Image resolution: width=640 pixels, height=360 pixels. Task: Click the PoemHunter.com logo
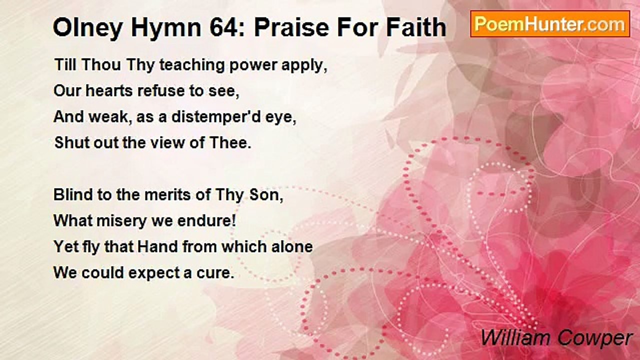coord(550,24)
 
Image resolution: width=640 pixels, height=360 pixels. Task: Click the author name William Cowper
coord(556,338)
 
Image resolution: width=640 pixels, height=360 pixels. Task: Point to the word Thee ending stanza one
coord(231,142)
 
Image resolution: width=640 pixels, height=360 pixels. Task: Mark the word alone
coord(293,247)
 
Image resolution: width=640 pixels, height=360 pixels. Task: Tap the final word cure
coord(218,273)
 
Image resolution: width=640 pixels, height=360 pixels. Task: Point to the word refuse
coord(145,91)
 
